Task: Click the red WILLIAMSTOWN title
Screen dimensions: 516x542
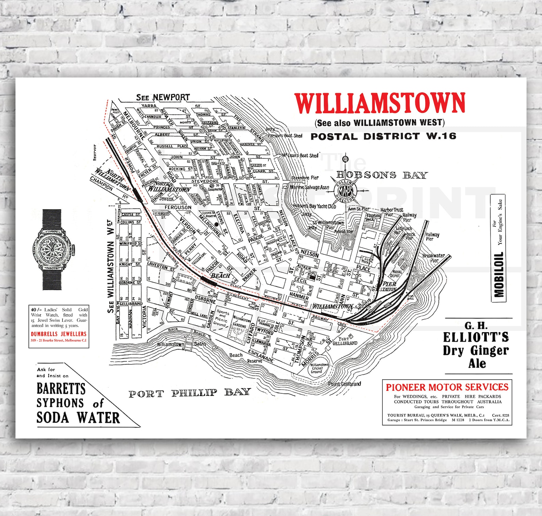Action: coord(380,103)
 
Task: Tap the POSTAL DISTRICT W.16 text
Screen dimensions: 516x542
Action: coord(383,136)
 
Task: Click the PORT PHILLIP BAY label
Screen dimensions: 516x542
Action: coord(189,393)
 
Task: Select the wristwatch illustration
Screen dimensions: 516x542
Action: coord(52,250)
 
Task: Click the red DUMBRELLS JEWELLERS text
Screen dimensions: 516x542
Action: coord(59,334)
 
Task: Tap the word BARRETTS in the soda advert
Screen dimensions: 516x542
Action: coord(61,388)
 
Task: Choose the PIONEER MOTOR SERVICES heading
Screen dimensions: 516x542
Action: coord(447,387)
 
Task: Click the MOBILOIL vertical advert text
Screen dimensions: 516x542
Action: coord(499,274)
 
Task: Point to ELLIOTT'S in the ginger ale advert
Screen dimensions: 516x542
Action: coord(476,337)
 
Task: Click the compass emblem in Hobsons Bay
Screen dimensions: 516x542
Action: coord(346,190)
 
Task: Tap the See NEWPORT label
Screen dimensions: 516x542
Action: coord(163,98)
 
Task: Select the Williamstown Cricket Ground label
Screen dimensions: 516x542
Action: coord(319,368)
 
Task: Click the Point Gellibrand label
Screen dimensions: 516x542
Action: coord(344,384)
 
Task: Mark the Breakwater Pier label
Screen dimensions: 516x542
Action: coord(433,258)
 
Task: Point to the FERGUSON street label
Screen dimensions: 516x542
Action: coord(178,207)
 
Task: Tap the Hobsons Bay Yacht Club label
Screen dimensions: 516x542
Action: coord(314,206)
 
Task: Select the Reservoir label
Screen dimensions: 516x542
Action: coord(95,152)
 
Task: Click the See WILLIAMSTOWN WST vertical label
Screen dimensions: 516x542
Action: coord(110,266)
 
